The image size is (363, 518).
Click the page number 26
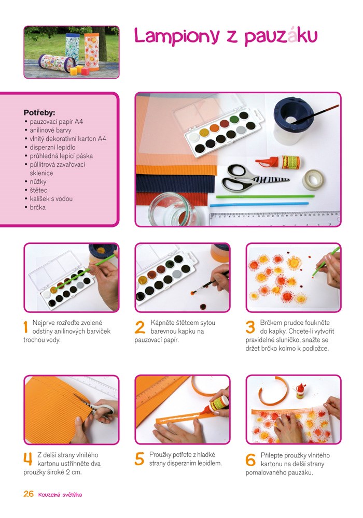29,494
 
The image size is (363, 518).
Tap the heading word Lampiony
177,36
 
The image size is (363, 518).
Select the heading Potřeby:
39,112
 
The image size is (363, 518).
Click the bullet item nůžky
38,182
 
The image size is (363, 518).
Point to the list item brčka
37,208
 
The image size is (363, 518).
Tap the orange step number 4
28,459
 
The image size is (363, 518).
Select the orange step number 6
250,459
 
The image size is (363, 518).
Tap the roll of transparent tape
313,179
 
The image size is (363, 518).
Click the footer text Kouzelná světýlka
60,495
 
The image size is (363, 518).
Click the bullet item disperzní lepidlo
52,147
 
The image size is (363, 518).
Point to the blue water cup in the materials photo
291,121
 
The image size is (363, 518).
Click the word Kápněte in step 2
162,322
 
